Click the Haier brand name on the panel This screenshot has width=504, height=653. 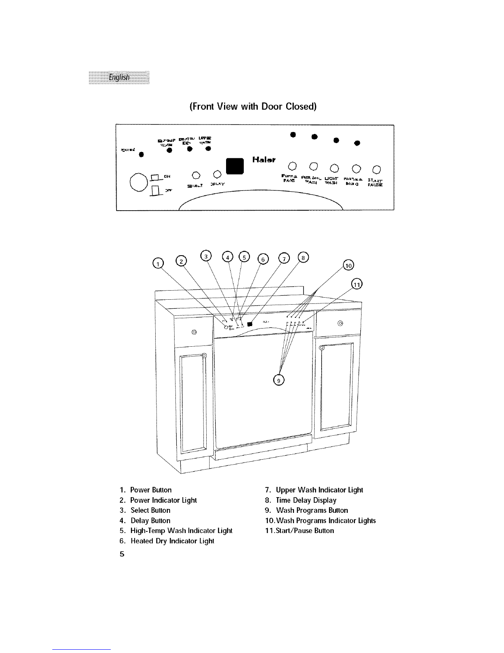(264, 160)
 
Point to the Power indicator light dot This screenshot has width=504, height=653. (141, 155)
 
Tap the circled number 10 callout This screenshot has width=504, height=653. (348, 265)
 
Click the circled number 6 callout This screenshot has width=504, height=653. (263, 258)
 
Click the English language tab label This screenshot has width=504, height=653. (119, 77)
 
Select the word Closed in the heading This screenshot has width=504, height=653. (298, 106)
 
